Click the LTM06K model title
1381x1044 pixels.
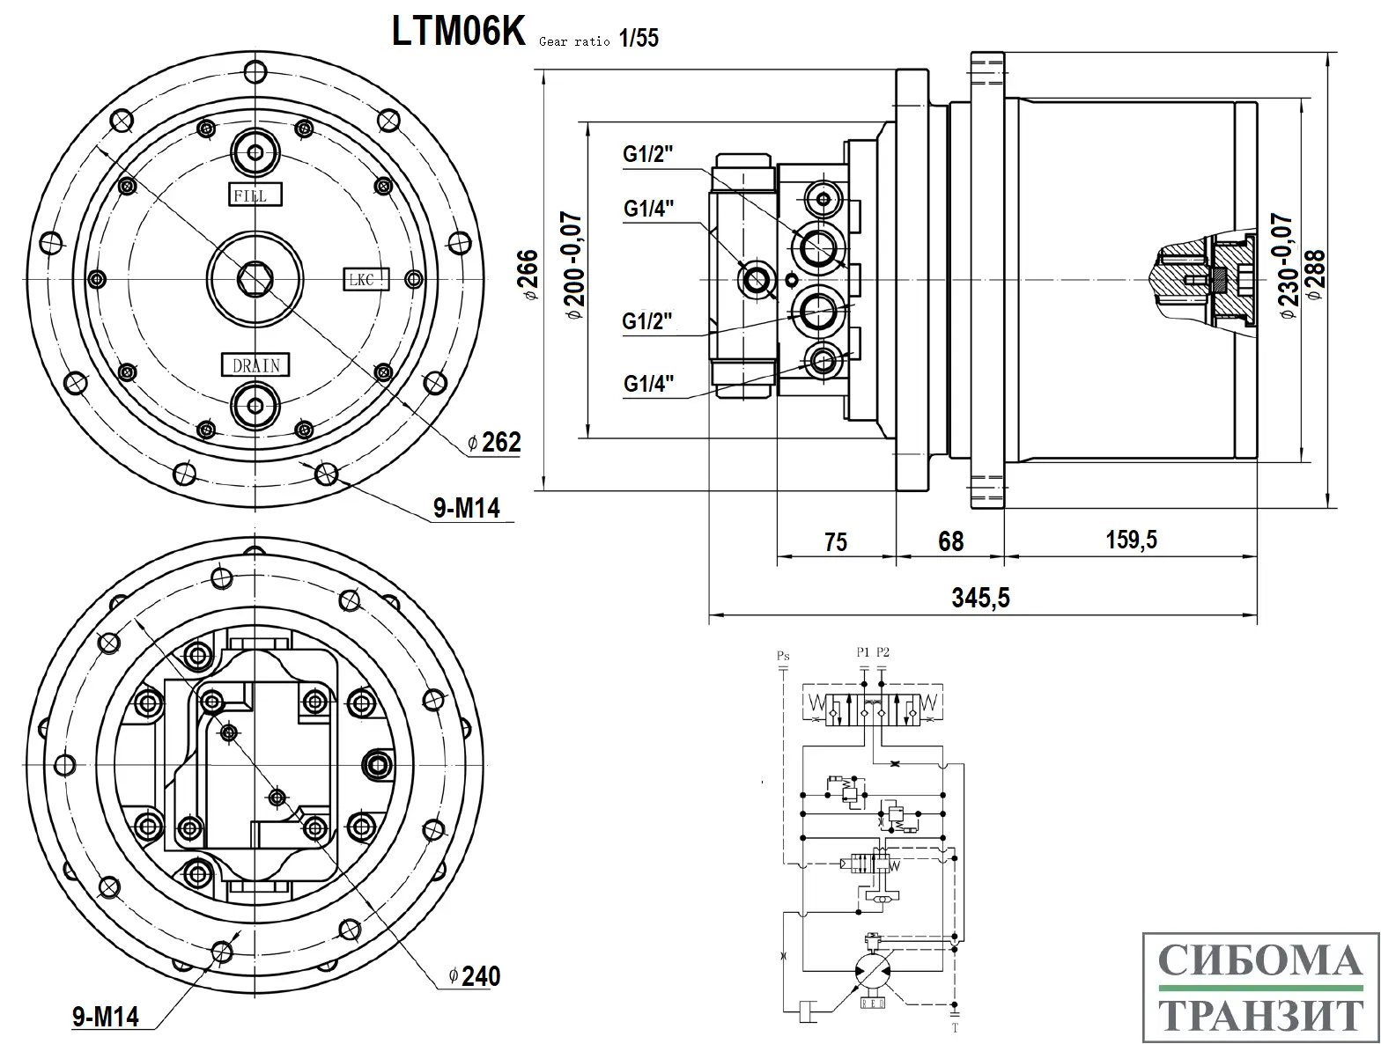point(458,32)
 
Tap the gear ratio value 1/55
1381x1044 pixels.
point(639,39)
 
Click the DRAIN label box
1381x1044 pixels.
point(255,364)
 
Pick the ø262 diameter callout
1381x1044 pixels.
point(495,442)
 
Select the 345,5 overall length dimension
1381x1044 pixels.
point(980,599)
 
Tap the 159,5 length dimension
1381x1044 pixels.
point(1131,540)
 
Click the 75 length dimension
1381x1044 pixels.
point(835,541)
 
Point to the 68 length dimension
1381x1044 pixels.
point(950,540)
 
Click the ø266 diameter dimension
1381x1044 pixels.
point(528,276)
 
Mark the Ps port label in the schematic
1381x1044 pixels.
point(783,656)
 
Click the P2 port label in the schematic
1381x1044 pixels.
point(883,652)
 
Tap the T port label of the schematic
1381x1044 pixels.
point(955,1027)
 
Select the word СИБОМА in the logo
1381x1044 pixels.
point(1259,961)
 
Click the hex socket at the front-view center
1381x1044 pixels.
point(255,279)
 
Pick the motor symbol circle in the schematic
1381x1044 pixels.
point(872,972)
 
